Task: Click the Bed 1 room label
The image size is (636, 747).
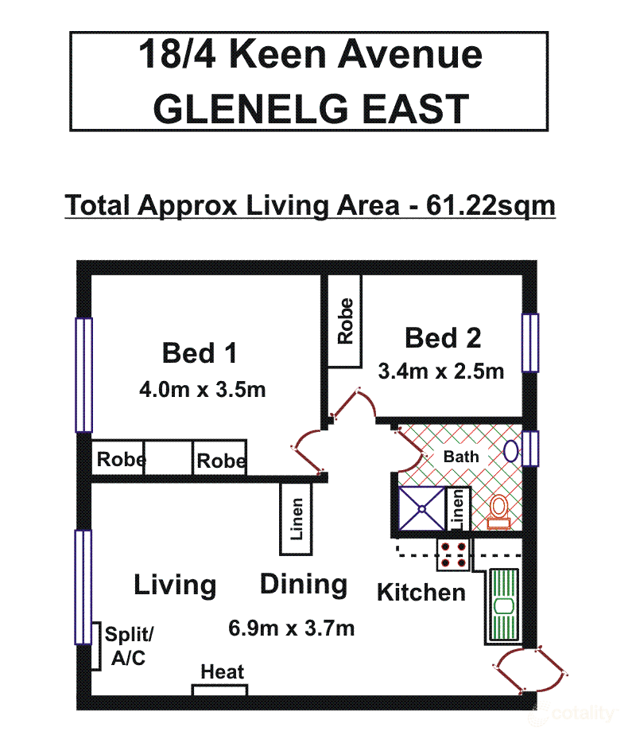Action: [200, 352]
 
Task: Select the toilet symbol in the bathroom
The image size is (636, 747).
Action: [498, 512]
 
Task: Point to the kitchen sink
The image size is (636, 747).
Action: [502, 605]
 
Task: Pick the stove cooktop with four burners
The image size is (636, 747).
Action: [453, 553]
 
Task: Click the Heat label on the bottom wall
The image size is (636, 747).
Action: [222, 672]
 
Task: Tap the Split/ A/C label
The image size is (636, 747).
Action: [130, 647]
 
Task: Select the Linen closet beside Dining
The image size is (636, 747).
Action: [297, 519]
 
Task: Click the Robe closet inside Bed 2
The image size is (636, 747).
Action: [345, 321]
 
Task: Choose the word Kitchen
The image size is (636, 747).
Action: [421, 592]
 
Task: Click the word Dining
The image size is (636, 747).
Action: [304, 585]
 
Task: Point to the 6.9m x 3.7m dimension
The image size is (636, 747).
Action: [291, 628]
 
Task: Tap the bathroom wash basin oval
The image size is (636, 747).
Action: [510, 452]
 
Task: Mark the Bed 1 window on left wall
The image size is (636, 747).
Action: [83, 374]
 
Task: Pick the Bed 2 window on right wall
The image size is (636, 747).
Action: [530, 343]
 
